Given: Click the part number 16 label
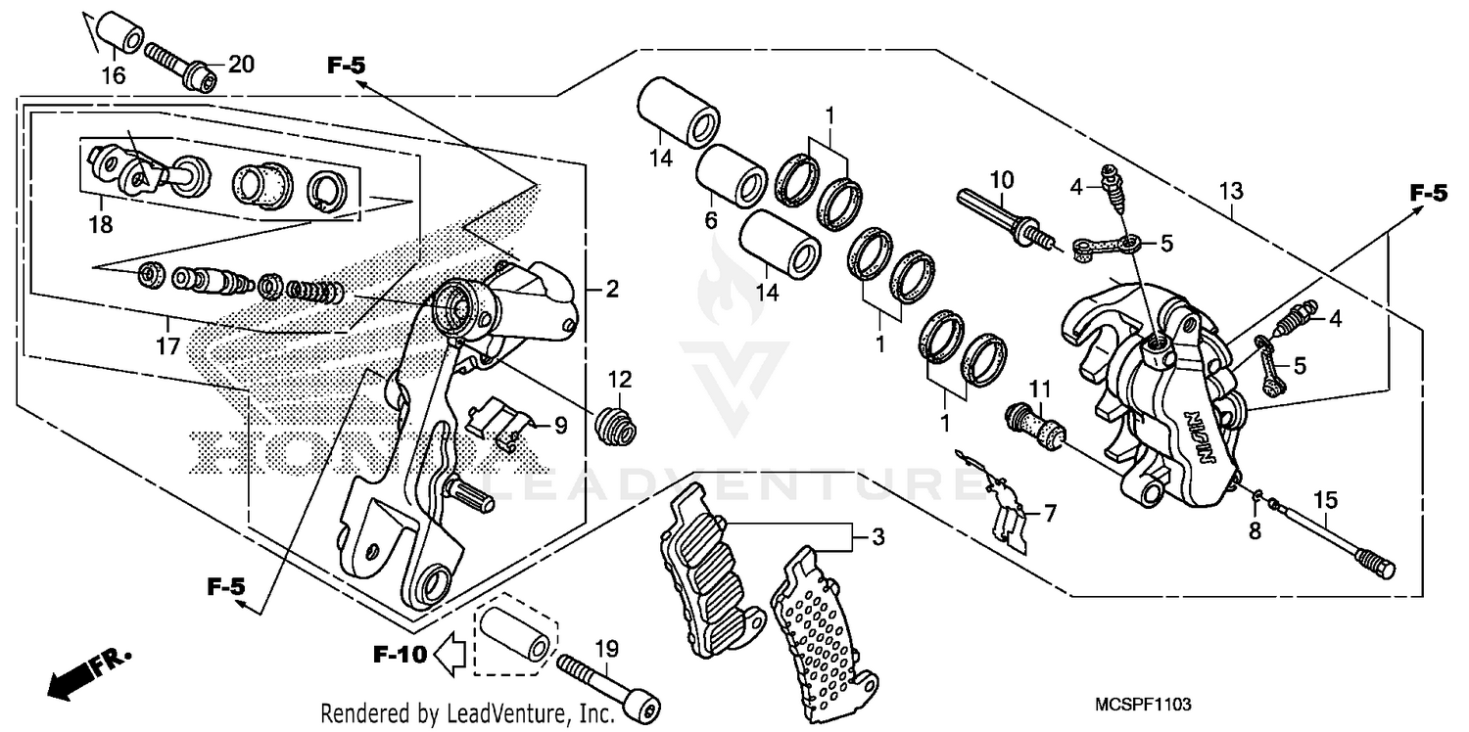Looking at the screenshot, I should (x=114, y=76).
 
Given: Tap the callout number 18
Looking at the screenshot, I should (x=100, y=225).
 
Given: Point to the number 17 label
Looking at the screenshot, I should (x=167, y=345).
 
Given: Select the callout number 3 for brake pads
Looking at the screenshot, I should (x=877, y=536).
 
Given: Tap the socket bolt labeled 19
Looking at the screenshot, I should (x=608, y=681).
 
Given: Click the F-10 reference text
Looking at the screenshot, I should (x=400, y=655).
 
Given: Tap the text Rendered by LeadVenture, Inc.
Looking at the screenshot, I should (x=468, y=712).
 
